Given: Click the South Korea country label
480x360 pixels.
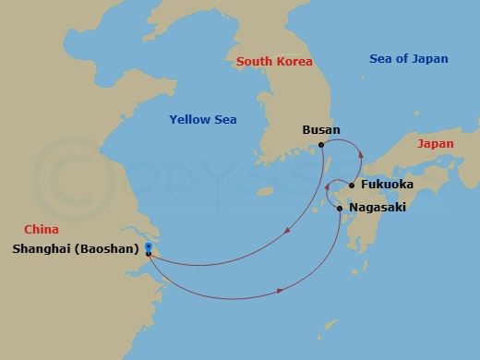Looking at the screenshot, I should coord(274,62).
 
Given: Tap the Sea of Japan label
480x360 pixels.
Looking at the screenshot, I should coord(409,59).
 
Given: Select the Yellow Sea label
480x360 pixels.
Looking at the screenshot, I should coord(203,120).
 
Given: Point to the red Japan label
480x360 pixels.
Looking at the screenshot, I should coord(435,145).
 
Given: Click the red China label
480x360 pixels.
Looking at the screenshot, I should coord(42,230).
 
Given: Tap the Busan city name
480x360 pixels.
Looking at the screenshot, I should coord(321,131).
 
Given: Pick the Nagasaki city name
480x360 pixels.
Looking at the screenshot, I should coord(378,209).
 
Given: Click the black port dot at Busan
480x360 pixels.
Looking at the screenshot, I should coord(320,145).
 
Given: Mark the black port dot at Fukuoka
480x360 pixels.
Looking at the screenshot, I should coord(352,185).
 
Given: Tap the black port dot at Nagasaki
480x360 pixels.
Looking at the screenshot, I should coord(341,209).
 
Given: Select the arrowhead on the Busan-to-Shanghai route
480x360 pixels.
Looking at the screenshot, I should coord(289,231).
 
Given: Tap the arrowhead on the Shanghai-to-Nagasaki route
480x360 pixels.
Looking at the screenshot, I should coord(280,294).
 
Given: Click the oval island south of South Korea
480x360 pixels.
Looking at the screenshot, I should coord(269,192).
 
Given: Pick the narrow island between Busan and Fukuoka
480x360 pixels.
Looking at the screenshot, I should coord(330,166).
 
